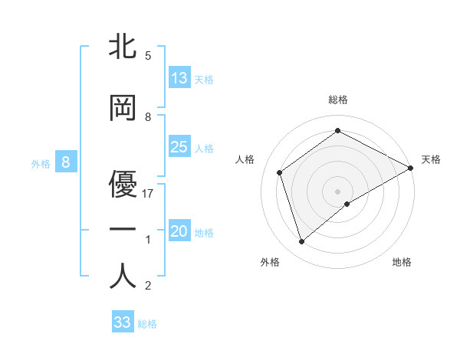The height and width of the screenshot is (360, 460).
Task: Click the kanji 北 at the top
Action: tap(123, 48)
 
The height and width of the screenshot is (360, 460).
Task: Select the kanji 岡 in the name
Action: tap(123, 110)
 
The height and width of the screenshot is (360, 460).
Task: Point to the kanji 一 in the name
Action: tap(123, 229)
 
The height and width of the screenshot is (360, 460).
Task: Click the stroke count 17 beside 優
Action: tap(148, 194)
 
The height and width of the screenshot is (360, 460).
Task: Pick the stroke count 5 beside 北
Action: tap(148, 56)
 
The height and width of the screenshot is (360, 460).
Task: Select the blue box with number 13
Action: tap(179, 77)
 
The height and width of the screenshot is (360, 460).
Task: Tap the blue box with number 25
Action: tap(179, 147)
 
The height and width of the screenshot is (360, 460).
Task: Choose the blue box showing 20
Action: tap(179, 231)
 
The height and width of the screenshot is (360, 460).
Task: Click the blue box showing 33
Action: tap(123, 322)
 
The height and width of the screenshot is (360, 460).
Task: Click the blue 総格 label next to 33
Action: tap(147, 324)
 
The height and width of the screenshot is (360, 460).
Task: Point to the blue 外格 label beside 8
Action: tap(40, 163)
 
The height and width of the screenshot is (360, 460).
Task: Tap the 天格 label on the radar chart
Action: tap(431, 159)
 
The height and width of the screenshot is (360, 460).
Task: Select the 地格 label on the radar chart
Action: tap(402, 262)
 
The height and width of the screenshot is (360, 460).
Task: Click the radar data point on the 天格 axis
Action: tap(411, 168)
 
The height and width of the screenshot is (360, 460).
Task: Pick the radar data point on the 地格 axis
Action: tap(347, 204)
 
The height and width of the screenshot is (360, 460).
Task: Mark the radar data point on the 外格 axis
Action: tap(301, 242)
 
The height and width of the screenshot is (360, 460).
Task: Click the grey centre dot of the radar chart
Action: tap(337, 191)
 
